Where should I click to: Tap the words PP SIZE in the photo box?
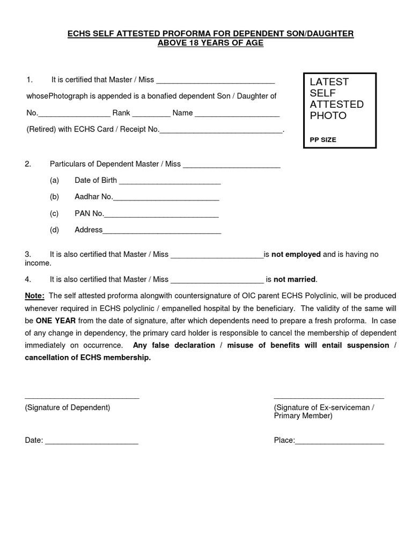pos(323,139)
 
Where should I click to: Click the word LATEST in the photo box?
pos(329,82)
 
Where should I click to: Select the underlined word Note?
pos(35,295)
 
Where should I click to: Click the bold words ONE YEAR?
pos(56,320)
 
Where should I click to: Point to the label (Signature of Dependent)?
pos(68,407)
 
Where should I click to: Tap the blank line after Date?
pos(92,442)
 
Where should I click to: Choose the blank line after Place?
pos(340,442)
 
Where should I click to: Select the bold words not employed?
pos(296,254)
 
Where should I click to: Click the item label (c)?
pos(54,213)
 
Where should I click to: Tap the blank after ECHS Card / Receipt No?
pos(221,131)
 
